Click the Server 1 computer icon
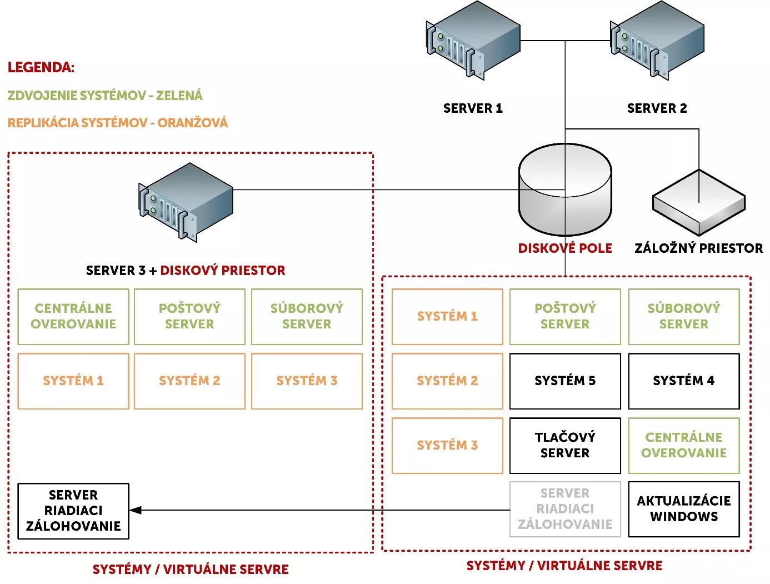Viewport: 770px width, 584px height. (x=473, y=40)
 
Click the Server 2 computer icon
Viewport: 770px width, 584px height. (x=657, y=40)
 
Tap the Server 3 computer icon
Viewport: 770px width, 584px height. (x=186, y=201)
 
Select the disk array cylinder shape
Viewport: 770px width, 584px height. (x=564, y=190)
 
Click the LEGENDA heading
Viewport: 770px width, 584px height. (x=41, y=68)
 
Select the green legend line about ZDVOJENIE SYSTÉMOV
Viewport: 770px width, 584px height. (x=105, y=96)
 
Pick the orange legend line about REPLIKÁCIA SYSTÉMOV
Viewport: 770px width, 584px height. (x=118, y=123)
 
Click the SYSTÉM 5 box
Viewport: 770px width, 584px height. (x=565, y=381)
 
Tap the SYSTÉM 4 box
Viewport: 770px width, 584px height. (x=684, y=381)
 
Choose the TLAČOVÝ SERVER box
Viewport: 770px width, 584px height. (x=565, y=446)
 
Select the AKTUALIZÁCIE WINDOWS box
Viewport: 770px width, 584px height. (x=684, y=509)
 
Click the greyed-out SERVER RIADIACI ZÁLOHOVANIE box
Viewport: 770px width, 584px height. (x=565, y=509)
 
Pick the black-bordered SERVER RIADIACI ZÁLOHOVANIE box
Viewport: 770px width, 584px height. (x=73, y=511)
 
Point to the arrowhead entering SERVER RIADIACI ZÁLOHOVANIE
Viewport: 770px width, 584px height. (x=136, y=510)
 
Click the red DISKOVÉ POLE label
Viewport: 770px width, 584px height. (x=565, y=248)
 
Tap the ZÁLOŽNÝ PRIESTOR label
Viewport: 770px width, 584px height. (x=698, y=248)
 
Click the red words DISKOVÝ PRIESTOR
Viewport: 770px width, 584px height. (x=223, y=271)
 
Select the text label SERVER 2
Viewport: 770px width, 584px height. (x=657, y=108)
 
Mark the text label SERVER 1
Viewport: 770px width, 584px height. (x=473, y=108)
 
